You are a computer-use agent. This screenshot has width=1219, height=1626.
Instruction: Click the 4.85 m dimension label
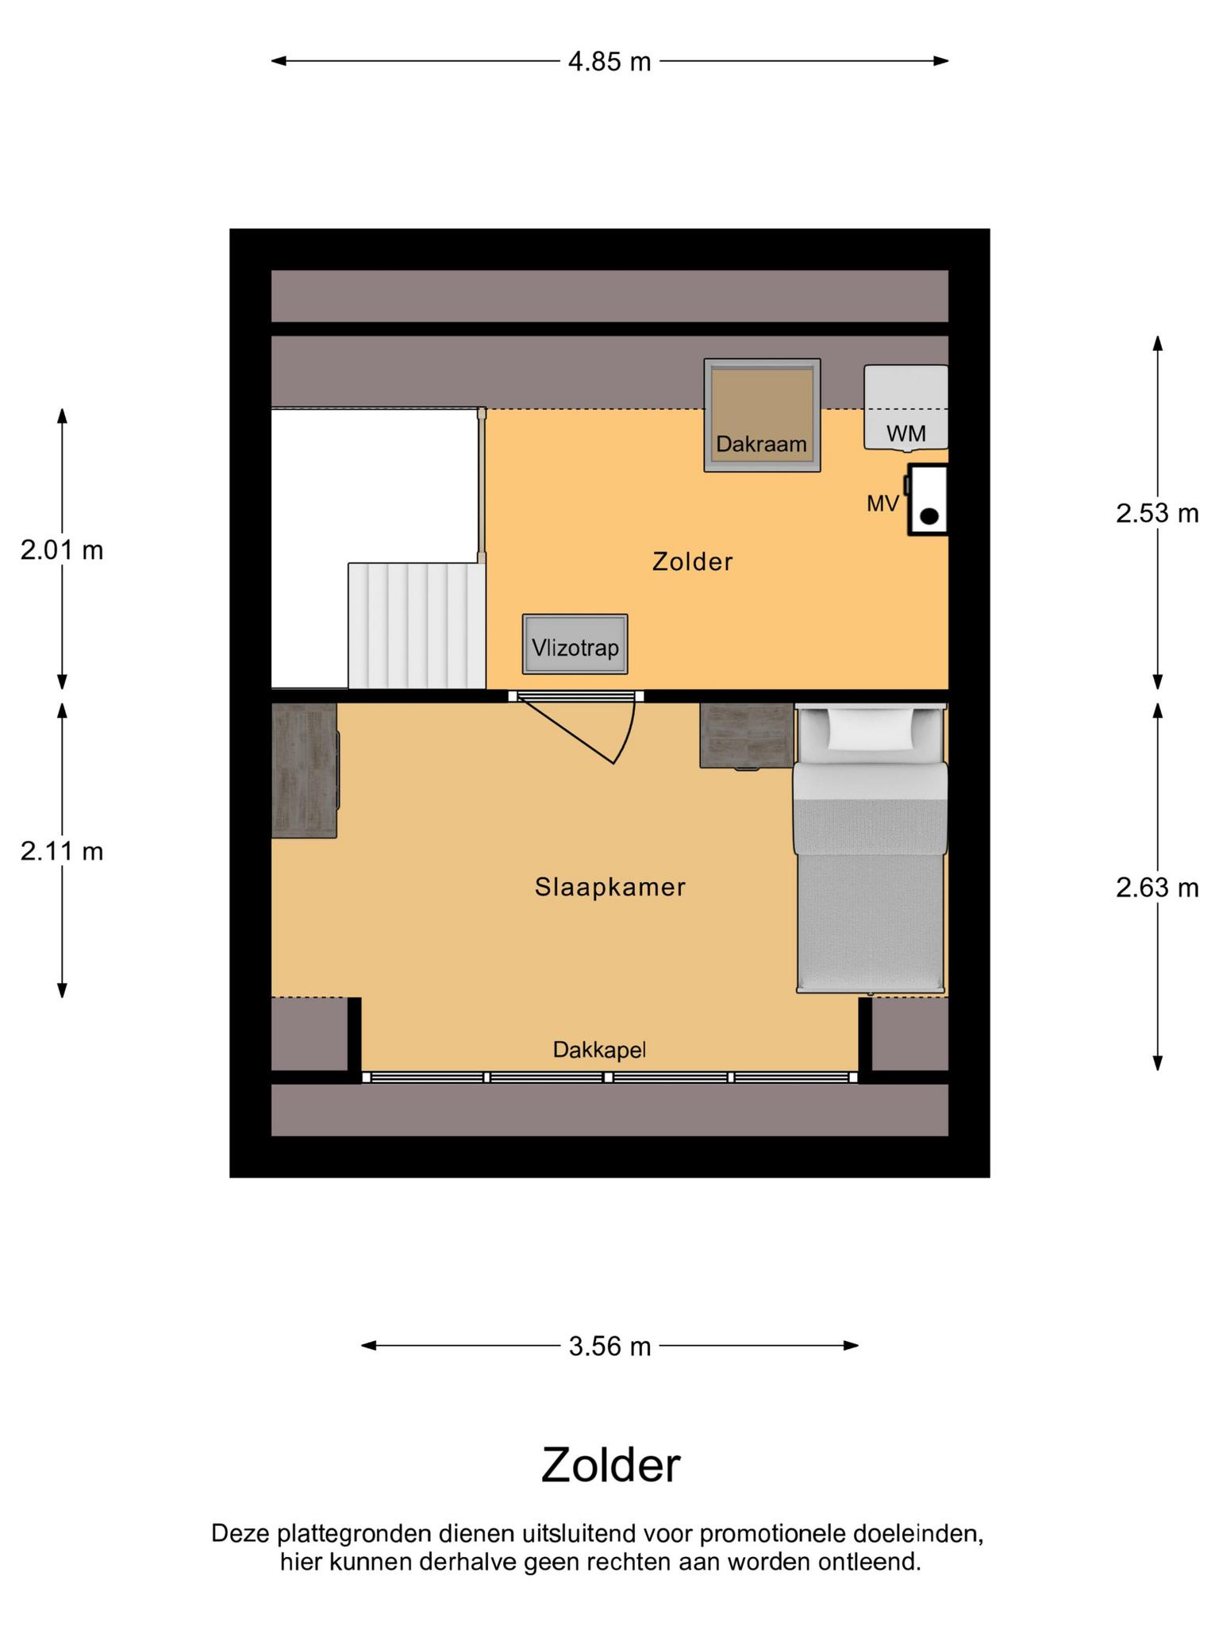tap(609, 61)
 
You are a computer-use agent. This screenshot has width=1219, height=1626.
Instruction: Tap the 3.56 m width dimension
tap(609, 1346)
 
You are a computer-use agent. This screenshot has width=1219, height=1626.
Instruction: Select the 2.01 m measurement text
tap(62, 549)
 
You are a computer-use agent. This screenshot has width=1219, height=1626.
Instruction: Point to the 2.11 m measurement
tap(62, 851)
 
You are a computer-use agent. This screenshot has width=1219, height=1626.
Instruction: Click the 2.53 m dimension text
tap(1157, 514)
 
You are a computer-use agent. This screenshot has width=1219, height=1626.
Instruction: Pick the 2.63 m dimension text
tap(1157, 887)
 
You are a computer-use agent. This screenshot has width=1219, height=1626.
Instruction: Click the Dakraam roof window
tap(762, 415)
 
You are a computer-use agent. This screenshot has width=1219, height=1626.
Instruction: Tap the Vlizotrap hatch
tap(575, 645)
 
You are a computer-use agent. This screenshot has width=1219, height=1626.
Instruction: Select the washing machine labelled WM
tap(906, 407)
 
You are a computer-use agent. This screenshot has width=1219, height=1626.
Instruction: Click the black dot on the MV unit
tap(929, 516)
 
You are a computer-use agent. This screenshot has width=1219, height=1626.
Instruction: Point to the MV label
tap(883, 503)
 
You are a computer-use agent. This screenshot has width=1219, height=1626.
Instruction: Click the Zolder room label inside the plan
tap(692, 561)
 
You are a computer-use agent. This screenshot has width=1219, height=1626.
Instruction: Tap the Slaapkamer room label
tap(609, 887)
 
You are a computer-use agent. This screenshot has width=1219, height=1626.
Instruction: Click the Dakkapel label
tap(600, 1050)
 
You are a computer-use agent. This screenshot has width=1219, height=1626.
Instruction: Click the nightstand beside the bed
tap(747, 735)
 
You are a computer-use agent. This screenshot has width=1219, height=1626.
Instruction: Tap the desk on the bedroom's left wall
tap(305, 770)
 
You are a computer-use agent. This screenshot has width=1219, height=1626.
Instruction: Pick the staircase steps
tap(417, 626)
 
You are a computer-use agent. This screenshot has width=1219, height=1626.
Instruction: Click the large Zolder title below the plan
tap(610, 1466)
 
